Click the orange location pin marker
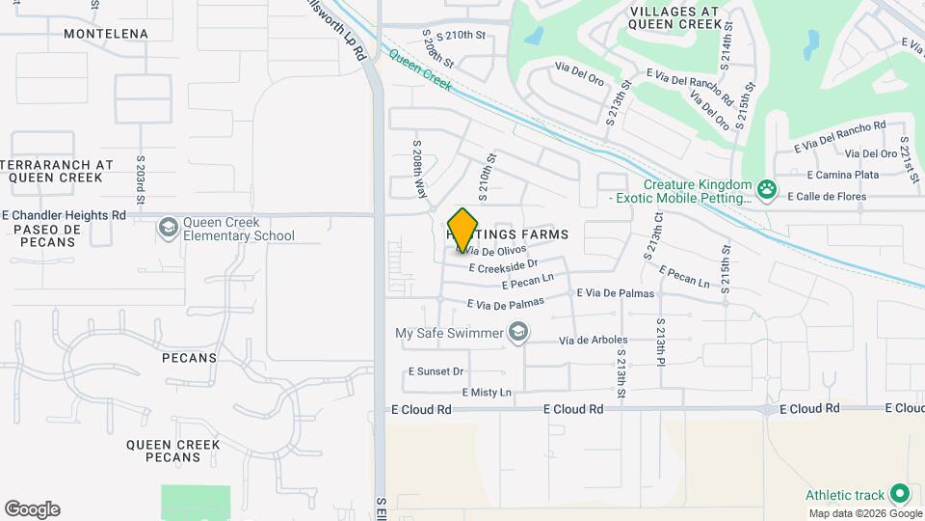click(463, 230)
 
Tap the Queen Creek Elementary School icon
click(169, 227)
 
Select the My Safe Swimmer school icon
click(519, 334)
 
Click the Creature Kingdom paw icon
click(767, 188)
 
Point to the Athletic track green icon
click(900, 494)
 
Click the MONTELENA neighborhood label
click(106, 34)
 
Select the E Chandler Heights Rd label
click(65, 215)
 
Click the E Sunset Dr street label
click(436, 371)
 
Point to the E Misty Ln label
click(487, 393)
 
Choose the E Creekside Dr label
click(503, 264)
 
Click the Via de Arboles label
click(594, 340)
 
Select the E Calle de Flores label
click(827, 197)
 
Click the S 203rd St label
click(141, 181)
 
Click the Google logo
click(32, 509)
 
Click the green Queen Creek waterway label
click(420, 71)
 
